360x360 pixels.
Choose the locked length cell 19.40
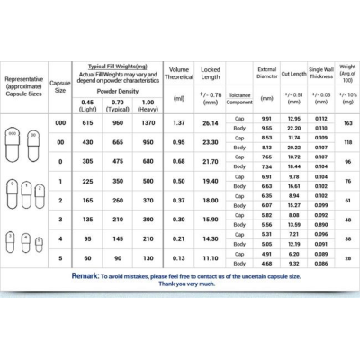coord(211,181)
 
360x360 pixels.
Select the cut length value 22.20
coord(294,127)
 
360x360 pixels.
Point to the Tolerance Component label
coord(239,96)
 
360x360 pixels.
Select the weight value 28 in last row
coord(347,258)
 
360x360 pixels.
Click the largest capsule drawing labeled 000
coord(13,144)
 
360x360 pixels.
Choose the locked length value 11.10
coord(211,258)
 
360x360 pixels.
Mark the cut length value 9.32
coord(294,263)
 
